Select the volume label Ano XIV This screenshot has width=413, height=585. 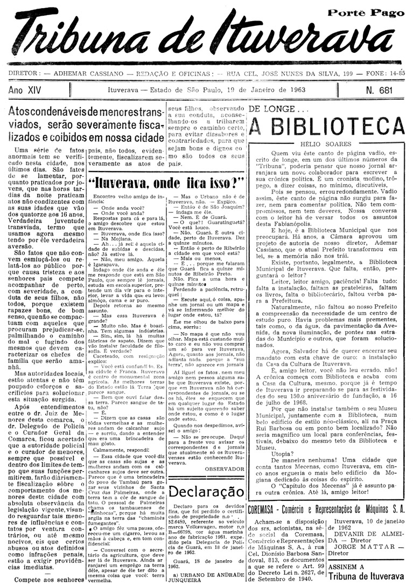pyautogui.click(x=31, y=90)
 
